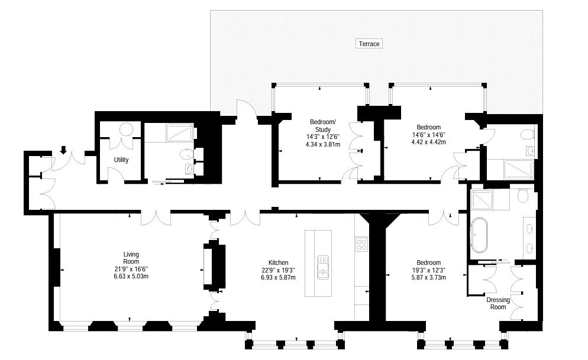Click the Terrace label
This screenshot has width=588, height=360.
point(369,44)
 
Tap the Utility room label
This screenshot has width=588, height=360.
point(121,160)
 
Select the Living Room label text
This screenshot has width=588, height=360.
point(131,258)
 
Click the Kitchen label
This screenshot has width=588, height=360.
point(278,262)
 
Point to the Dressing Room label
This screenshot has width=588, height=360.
point(498,303)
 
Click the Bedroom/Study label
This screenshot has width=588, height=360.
point(323,125)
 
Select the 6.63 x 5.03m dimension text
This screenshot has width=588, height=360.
point(131,277)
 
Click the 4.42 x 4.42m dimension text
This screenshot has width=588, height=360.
point(429,142)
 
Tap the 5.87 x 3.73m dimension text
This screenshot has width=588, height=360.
point(429,278)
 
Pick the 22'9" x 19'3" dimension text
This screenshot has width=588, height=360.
point(278,270)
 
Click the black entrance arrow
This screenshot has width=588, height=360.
point(63,150)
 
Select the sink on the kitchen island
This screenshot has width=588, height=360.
point(323,267)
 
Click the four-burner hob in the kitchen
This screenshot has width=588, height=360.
point(361,244)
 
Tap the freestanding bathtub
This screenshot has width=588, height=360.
point(479,235)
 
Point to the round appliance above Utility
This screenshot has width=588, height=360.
point(126,129)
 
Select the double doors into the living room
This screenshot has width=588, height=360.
point(156,218)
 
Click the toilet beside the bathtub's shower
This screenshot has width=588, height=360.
point(522,195)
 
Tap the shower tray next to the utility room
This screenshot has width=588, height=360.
point(180,132)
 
